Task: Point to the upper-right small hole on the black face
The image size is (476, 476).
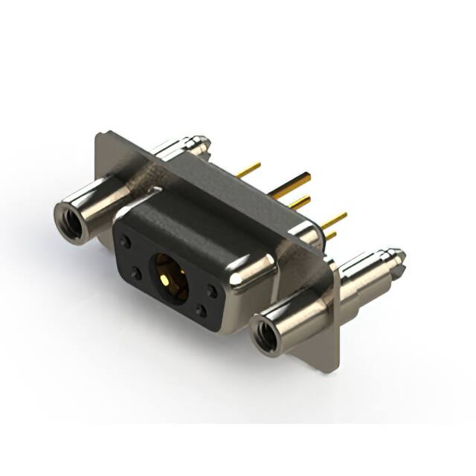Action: (x=213, y=290)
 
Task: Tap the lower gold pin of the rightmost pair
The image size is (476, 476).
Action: (x=330, y=235)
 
